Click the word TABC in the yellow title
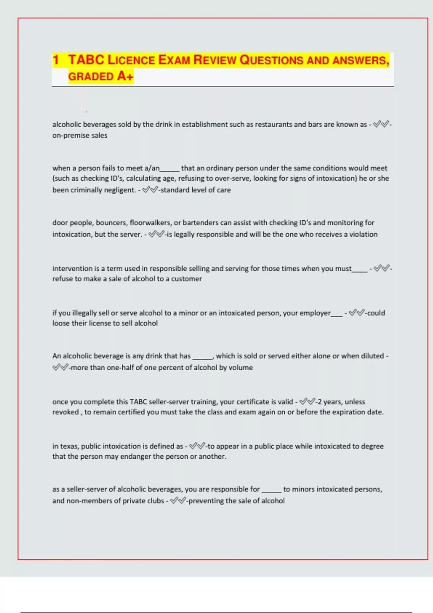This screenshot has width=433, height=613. coord(86,60)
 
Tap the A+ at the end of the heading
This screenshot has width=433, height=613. coord(125,76)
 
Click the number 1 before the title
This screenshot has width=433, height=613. coord(56,60)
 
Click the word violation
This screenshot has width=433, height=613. coord(363,234)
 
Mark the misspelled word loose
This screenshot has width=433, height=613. coord(61,323)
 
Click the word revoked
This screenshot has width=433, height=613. coord(65,412)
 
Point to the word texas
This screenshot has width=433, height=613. coord(69,446)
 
